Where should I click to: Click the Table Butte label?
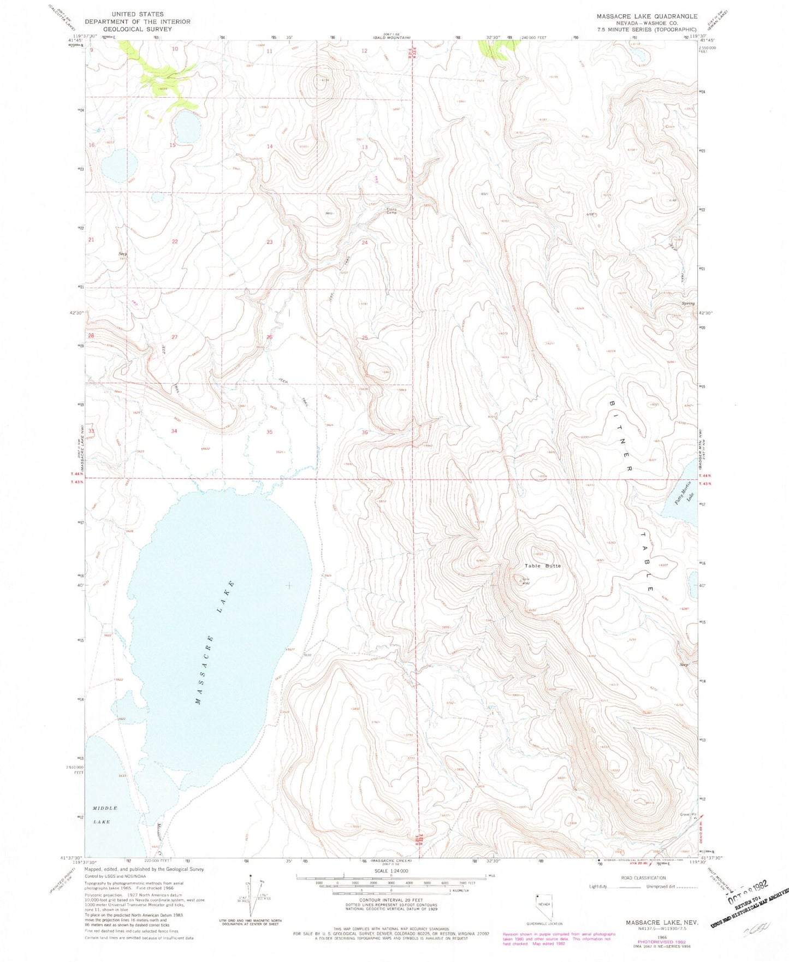pyautogui.click(x=542, y=566)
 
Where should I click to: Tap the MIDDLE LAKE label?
pyautogui.click(x=105, y=815)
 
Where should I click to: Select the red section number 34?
pyautogui.click(x=174, y=431)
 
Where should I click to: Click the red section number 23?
pyautogui.click(x=270, y=242)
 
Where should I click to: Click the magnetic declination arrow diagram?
pyautogui.click(x=251, y=901)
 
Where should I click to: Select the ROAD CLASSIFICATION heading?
pyautogui.click(x=643, y=878)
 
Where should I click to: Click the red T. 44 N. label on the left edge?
pyautogui.click(x=78, y=475)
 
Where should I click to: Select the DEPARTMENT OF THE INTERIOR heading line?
pyautogui.click(x=137, y=22)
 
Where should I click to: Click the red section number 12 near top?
pyautogui.click(x=364, y=51)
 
